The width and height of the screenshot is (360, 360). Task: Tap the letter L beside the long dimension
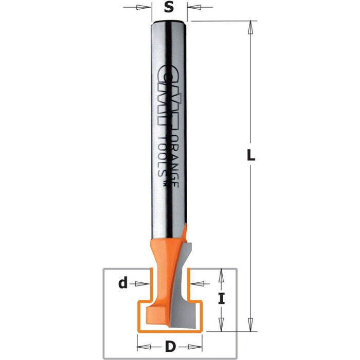pyautogui.click(x=250, y=155)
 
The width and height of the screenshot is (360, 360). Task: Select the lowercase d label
pyautogui.click(x=122, y=282)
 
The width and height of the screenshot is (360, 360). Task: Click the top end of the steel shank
pyautogui.click(x=169, y=23)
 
